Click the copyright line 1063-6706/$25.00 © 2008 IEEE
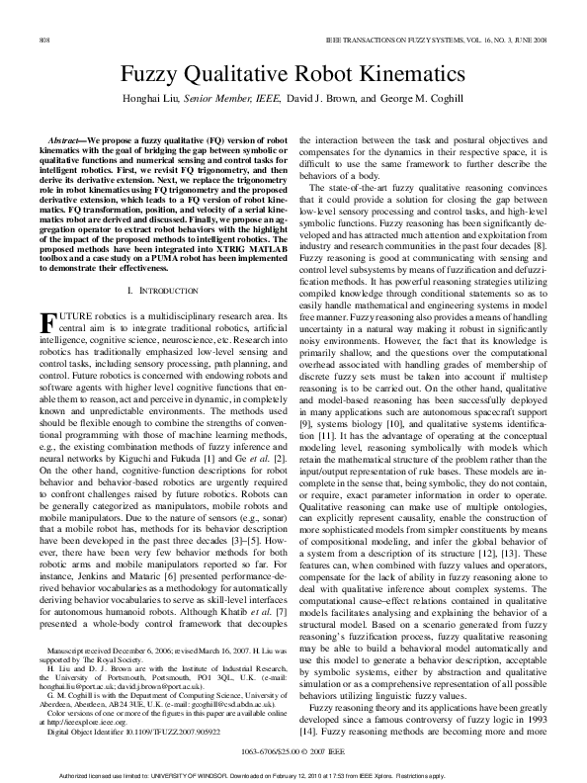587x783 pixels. [293, 751]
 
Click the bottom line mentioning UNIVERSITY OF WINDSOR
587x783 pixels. [293, 774]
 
